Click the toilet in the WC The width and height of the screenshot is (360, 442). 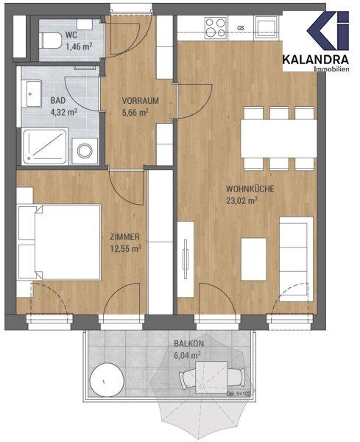pyautogui.click(x=51, y=41)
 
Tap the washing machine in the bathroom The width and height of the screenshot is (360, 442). pyautogui.click(x=85, y=151)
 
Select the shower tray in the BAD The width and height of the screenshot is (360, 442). pyautogui.click(x=46, y=147)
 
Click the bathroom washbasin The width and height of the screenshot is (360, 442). pyautogui.click(x=34, y=94)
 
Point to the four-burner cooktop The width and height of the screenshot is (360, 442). pyautogui.click(x=216, y=28)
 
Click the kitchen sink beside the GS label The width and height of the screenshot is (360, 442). pyautogui.click(x=266, y=27)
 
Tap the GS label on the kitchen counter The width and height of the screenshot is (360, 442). pyautogui.click(x=241, y=28)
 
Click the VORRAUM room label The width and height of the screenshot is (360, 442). pyautogui.click(x=141, y=101)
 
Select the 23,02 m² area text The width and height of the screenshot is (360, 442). pyautogui.click(x=242, y=200)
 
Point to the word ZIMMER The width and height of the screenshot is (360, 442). pyautogui.click(x=125, y=237)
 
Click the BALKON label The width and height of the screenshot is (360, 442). pyautogui.click(x=188, y=344)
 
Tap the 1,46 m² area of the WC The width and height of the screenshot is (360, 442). pyautogui.click(x=80, y=46)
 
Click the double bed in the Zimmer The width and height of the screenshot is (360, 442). pyautogui.click(x=59, y=242)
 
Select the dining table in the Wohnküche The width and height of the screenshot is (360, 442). pyautogui.click(x=278, y=138)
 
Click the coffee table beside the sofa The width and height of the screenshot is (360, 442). pyautogui.click(x=254, y=259)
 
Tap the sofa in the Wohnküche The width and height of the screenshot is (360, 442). pyautogui.click(x=296, y=259)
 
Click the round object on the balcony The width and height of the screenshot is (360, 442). pyautogui.click(x=107, y=380)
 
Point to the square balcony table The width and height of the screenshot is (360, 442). pyautogui.click(x=211, y=377)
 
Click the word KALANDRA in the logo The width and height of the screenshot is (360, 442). pyautogui.click(x=316, y=60)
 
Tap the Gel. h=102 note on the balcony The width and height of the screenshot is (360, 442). pyautogui.click(x=238, y=394)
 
